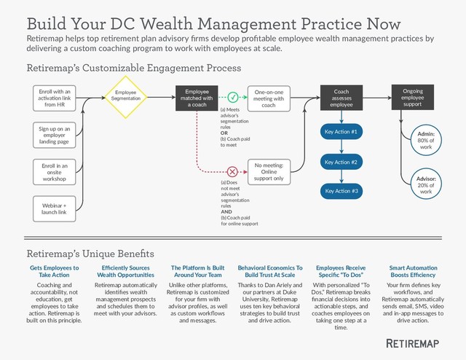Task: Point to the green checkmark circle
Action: [233, 97]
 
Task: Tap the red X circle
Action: [233, 172]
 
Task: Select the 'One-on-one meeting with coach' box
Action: [269, 98]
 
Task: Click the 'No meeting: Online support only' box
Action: [269, 172]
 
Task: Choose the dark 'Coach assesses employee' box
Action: [341, 98]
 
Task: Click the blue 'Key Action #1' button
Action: [341, 132]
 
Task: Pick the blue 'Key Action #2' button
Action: [341, 161]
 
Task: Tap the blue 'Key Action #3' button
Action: [341, 190]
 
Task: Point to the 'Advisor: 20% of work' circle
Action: [427, 184]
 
